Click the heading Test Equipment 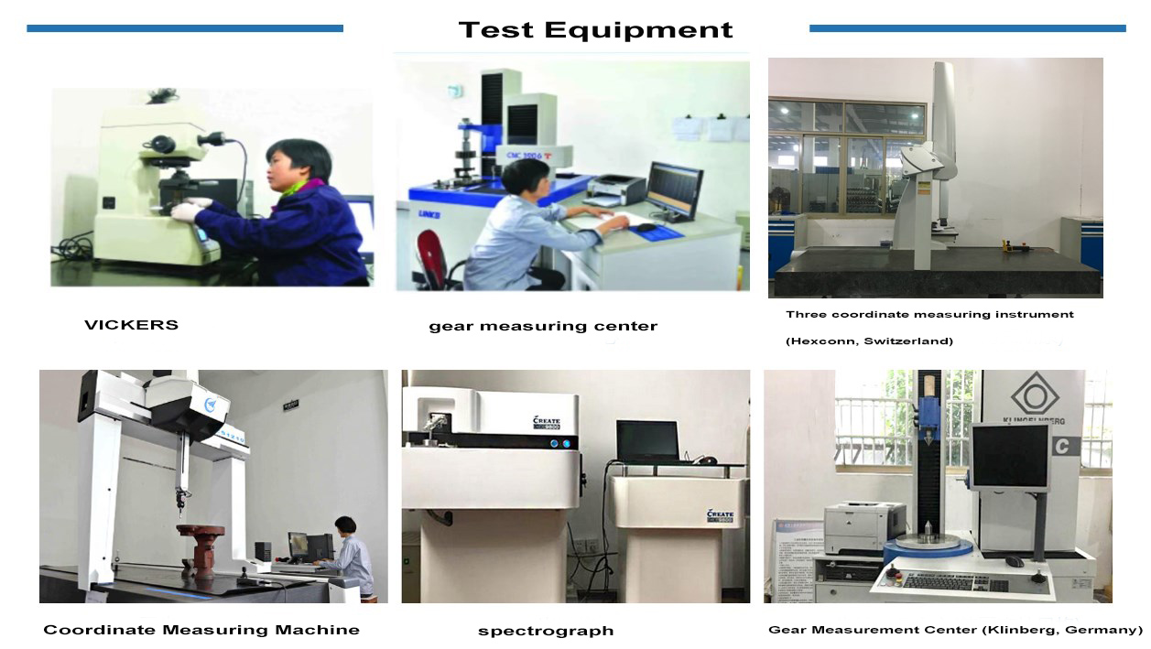[x=595, y=30]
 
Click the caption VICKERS [x=131, y=325]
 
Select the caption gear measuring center [x=543, y=326]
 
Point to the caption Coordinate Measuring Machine [x=201, y=630]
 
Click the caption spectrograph [x=546, y=631]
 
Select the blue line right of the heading [x=967, y=28]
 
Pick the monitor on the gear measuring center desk [x=674, y=189]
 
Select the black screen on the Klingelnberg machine [x=1009, y=457]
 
